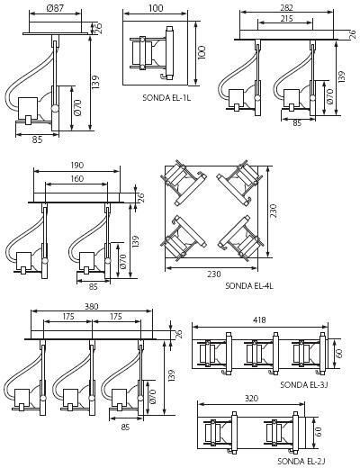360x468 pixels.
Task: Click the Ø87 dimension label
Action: tap(55, 8)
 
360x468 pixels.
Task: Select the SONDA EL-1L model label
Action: tap(166, 98)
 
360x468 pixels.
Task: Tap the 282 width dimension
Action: tap(287, 8)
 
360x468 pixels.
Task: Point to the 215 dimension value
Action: tap(287, 19)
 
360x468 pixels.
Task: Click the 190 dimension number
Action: tap(77, 166)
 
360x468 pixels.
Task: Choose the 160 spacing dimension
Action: tap(77, 179)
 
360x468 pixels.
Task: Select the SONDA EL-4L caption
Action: tap(249, 285)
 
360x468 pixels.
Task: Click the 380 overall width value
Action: tap(92, 306)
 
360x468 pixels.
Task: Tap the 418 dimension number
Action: tap(259, 320)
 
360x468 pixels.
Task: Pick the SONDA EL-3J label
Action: tap(303, 384)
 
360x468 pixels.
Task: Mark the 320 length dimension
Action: tap(251, 398)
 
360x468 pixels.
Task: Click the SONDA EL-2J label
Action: tap(301, 461)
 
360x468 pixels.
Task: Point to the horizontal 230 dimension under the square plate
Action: tap(213, 274)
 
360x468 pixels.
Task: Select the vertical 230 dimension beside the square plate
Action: tap(273, 211)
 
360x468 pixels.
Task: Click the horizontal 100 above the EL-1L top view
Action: tap(156, 8)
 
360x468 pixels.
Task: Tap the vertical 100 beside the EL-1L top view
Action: tap(202, 53)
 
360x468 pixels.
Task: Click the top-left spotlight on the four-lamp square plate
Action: tap(184, 182)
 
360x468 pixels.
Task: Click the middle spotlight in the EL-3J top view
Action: tap(261, 354)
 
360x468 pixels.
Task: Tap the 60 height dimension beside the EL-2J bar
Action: tap(319, 432)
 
